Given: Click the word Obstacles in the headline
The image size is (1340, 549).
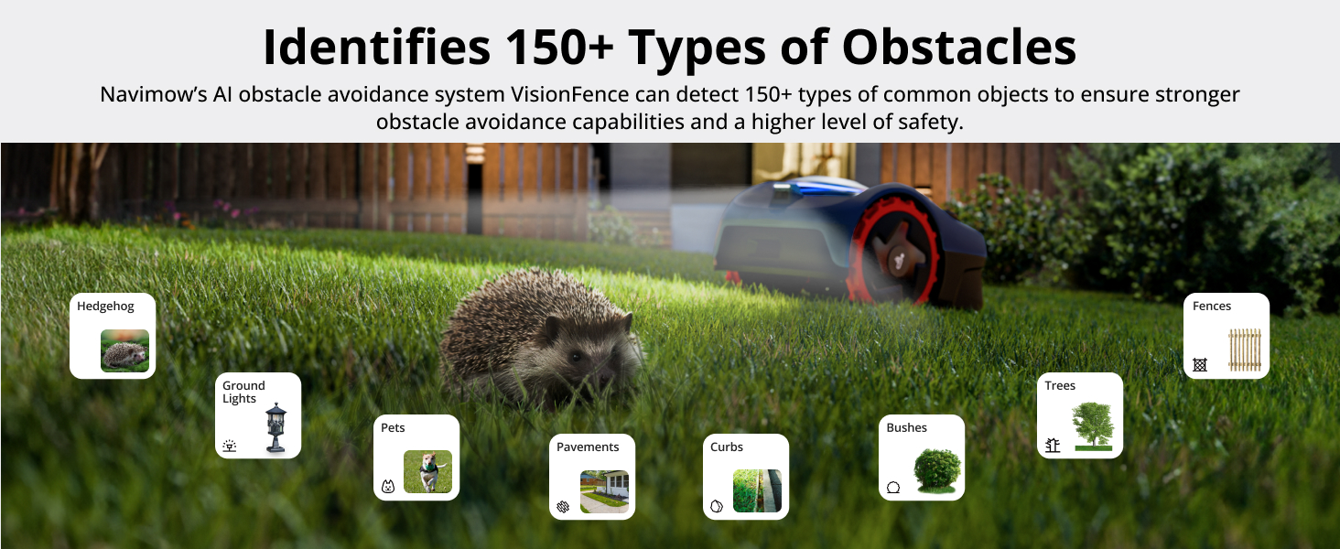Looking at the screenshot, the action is tap(959, 47).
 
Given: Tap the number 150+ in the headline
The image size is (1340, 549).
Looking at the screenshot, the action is tap(560, 47).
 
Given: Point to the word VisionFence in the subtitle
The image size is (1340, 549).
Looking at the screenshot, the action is tap(569, 94).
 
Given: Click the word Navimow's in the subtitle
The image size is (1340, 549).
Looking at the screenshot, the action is tap(153, 94).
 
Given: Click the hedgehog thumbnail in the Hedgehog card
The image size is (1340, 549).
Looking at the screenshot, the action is tap(125, 350).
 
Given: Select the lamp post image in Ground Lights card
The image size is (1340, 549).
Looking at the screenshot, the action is tap(276, 427).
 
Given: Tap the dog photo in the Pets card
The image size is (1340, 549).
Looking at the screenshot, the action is tap(427, 472).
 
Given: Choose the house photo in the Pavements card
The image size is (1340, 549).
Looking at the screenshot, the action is tap(604, 491).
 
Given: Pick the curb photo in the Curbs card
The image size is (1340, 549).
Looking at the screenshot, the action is tap(757, 491).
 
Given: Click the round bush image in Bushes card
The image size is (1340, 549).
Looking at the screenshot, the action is tap(937, 470).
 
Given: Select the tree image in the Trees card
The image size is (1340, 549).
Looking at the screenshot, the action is tap(1094, 426).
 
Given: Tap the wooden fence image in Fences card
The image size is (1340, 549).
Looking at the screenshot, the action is tap(1245, 350).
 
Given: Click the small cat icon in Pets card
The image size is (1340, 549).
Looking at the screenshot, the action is tap(388, 486).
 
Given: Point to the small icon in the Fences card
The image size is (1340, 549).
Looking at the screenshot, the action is tap(1199, 364).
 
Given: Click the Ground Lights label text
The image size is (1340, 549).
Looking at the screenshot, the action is tap(243, 392).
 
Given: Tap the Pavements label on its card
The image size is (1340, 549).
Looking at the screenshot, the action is tap(588, 447).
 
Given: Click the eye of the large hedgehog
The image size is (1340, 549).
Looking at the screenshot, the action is tap(576, 357).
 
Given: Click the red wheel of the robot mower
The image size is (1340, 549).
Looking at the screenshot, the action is tap(894, 252).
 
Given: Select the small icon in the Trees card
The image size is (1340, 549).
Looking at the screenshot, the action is tap(1053, 445).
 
